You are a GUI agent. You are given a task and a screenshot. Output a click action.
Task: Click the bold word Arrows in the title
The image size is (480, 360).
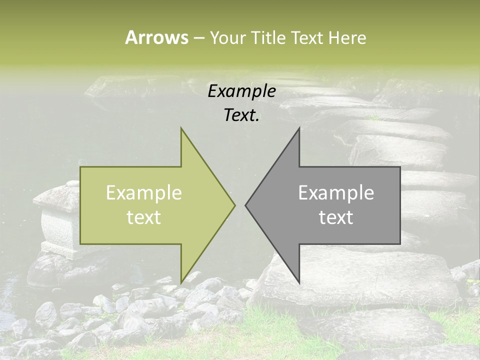coord(156,37)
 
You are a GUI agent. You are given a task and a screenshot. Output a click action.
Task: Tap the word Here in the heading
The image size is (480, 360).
coord(347,37)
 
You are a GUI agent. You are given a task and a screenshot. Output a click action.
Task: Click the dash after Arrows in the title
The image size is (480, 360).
coord(198,38)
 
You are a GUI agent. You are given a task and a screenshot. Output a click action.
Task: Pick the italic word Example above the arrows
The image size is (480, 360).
coord(241,91)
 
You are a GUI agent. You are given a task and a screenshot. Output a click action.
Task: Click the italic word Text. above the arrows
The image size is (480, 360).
coord(241,115)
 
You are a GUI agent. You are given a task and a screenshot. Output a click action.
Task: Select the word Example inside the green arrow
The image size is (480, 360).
coord(144,193)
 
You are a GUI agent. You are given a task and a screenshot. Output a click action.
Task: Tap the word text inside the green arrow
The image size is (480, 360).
coord(144,217)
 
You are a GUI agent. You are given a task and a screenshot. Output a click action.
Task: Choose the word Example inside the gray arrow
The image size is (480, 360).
coord(336,193)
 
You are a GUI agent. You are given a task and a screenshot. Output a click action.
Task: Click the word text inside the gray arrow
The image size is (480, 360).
coord(336,217)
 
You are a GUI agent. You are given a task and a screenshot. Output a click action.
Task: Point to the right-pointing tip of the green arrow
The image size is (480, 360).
coord(234,205)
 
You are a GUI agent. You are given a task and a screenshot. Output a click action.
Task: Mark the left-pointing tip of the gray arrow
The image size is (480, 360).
coord(246,205)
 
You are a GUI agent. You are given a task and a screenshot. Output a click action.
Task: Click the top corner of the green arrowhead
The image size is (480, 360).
coord(181,128)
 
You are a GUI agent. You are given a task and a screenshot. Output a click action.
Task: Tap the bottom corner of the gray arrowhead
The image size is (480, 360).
coord(299,282)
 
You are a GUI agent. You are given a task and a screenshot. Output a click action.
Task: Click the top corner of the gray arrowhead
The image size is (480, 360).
coord(299,128)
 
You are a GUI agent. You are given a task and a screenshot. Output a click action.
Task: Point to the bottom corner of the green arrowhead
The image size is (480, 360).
coord(181,282)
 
